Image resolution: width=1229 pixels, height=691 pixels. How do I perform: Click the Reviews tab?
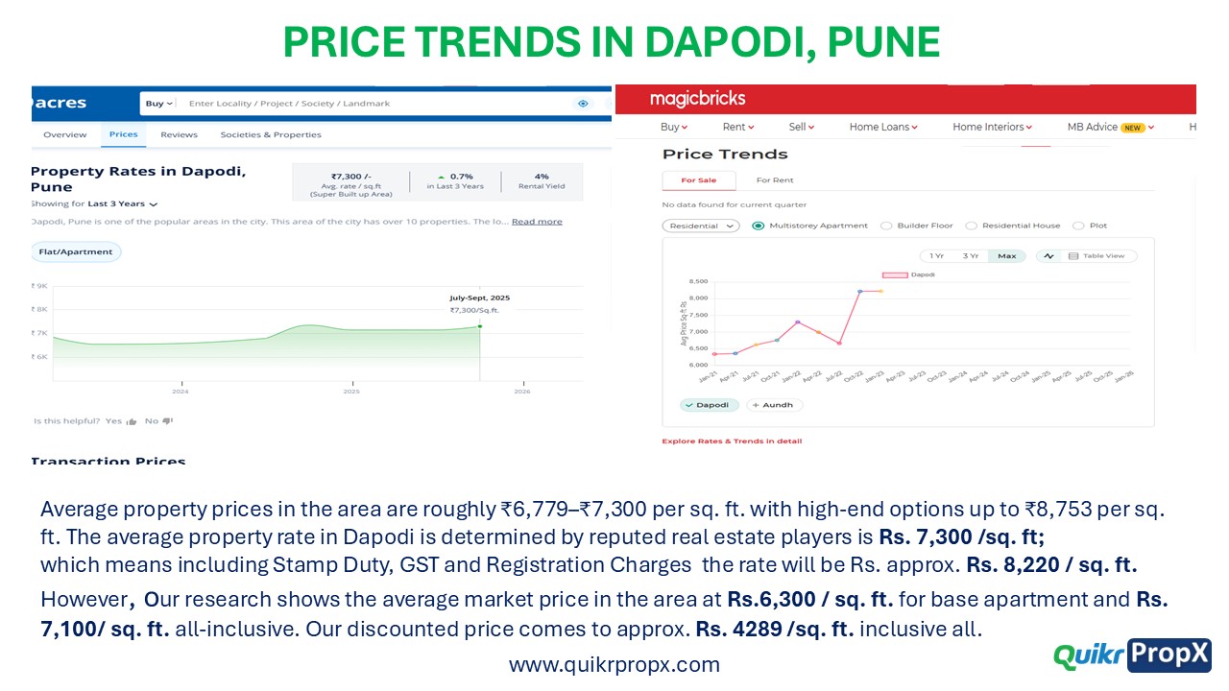click(x=179, y=134)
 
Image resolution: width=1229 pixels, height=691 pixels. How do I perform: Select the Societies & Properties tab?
click(x=271, y=134)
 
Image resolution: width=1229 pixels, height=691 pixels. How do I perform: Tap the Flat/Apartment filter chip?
click(x=76, y=251)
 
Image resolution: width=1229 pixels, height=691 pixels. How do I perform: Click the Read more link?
click(x=537, y=222)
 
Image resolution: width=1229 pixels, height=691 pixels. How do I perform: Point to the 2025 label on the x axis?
click(x=351, y=392)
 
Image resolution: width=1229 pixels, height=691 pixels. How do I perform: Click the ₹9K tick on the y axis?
click(x=40, y=286)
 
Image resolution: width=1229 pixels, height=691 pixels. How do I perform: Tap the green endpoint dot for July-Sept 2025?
click(x=480, y=327)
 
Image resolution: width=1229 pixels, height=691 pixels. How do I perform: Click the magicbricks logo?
click(x=697, y=99)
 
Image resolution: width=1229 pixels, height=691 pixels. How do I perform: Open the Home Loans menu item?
click(x=883, y=127)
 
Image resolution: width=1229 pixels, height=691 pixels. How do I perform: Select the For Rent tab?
click(x=775, y=180)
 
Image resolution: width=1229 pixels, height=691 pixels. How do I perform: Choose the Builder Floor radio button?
click(x=886, y=226)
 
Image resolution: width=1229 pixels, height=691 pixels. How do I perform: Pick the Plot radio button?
click(x=1078, y=226)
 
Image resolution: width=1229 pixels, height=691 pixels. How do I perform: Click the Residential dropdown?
click(x=701, y=226)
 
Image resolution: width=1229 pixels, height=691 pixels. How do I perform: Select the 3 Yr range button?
click(x=971, y=256)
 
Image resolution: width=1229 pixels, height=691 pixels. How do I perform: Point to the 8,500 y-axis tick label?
click(x=698, y=281)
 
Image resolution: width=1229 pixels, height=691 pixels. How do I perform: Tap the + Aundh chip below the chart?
click(x=774, y=405)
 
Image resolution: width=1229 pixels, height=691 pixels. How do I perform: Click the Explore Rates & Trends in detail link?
click(x=732, y=441)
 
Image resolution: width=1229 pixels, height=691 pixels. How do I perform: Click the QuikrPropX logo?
click(x=1132, y=655)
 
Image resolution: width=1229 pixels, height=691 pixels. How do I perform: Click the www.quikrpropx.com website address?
click(x=614, y=664)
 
